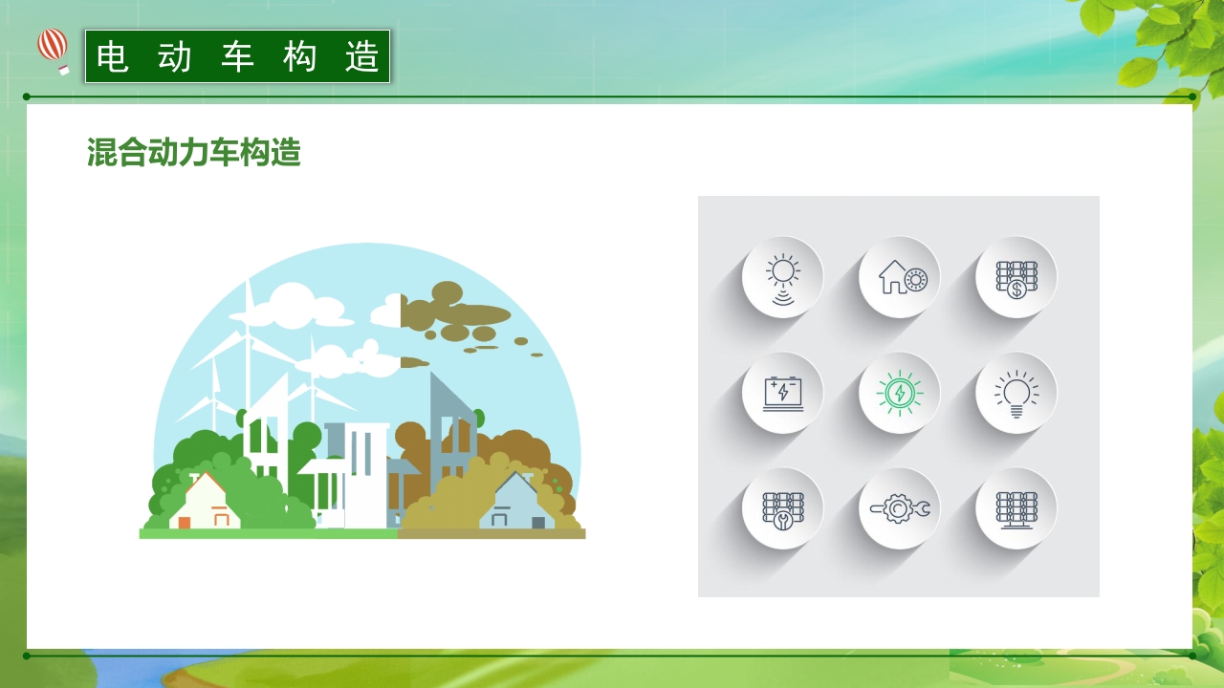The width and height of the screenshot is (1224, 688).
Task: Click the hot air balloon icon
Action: [x=54, y=49]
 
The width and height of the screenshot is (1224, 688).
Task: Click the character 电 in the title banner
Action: [x=113, y=57]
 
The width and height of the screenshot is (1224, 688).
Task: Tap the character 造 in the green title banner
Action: [x=362, y=57]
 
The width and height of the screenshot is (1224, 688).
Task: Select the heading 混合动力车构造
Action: [x=194, y=153]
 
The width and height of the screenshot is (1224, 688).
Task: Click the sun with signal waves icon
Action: [x=782, y=277]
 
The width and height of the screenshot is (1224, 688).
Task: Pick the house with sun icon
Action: [x=899, y=277]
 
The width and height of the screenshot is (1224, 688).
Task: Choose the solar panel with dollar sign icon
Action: [x=1016, y=277]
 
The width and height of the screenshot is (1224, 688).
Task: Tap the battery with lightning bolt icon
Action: [x=782, y=393]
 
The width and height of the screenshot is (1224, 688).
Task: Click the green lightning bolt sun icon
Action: [x=899, y=393]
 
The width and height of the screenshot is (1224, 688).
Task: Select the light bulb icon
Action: [x=1016, y=393]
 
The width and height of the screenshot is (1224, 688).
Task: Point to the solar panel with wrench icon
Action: [x=782, y=508]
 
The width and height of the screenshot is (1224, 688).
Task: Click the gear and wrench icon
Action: [x=899, y=508]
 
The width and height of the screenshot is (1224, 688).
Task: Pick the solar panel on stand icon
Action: [x=1016, y=508]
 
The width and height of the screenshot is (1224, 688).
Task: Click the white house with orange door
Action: [x=205, y=503]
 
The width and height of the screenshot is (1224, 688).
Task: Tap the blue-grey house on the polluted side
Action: [x=516, y=503]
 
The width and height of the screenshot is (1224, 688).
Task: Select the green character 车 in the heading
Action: [x=225, y=153]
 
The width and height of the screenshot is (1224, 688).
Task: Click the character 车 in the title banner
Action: [x=237, y=57]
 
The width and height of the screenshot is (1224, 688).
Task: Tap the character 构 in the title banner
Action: [x=300, y=57]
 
